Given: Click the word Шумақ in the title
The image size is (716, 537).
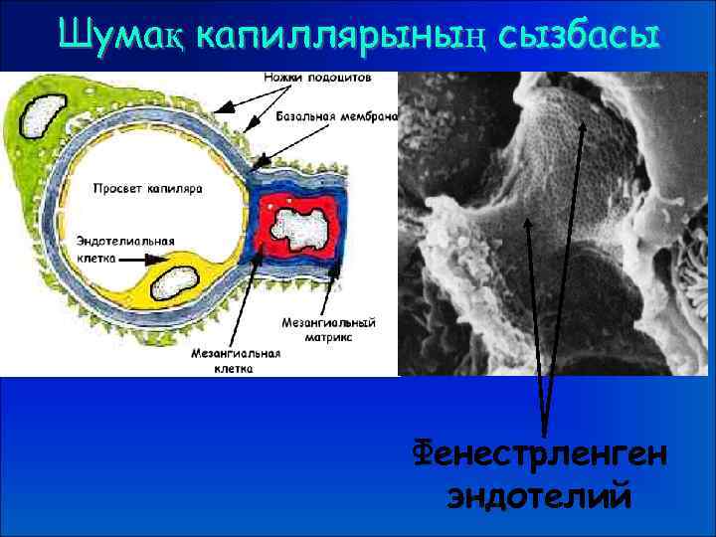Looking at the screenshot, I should click(x=121, y=35).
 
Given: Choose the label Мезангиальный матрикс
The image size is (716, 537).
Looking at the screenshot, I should click(x=327, y=328).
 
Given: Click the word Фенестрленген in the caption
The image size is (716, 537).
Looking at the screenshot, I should click(x=542, y=456).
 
